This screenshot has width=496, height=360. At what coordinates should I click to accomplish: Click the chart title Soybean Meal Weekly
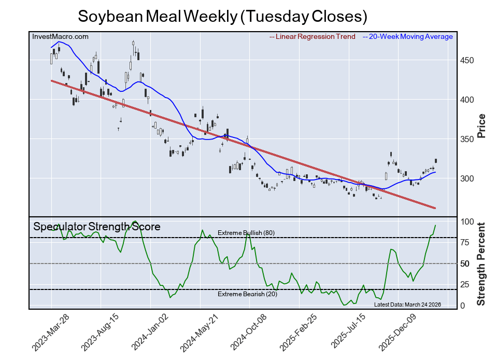[x=222, y=16]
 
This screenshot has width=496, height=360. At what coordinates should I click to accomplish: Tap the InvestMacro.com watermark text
[x=60, y=36]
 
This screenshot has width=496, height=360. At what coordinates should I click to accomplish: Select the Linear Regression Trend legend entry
[x=313, y=37]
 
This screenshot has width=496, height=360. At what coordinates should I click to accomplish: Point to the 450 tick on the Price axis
[x=467, y=61]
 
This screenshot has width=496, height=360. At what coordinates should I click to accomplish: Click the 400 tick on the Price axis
[x=467, y=100]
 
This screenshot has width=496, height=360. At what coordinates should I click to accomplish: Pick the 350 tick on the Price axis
[x=467, y=139]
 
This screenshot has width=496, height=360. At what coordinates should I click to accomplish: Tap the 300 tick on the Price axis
[x=467, y=178]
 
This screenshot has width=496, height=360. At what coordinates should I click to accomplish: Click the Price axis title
[x=481, y=126]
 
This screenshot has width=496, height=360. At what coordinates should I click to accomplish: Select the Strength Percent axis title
[x=481, y=264]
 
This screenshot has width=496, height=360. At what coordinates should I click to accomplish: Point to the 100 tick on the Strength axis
[x=467, y=221]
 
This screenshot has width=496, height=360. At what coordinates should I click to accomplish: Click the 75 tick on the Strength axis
[x=465, y=242]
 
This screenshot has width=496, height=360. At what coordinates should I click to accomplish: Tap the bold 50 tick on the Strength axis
[x=465, y=264]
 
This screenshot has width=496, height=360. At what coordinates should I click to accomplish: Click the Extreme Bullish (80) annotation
[x=246, y=233]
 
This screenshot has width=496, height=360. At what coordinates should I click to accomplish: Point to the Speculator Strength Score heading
[x=97, y=227]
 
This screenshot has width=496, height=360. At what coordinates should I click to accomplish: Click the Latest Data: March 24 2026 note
[x=407, y=304]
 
